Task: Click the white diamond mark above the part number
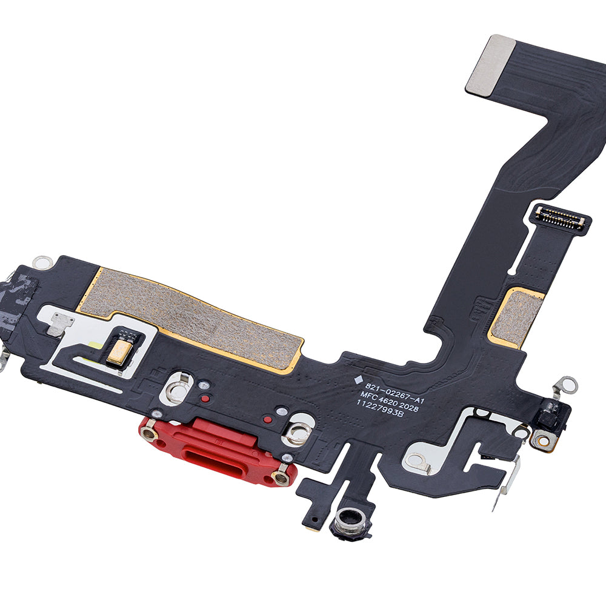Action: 358,380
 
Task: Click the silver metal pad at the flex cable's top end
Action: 490,65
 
